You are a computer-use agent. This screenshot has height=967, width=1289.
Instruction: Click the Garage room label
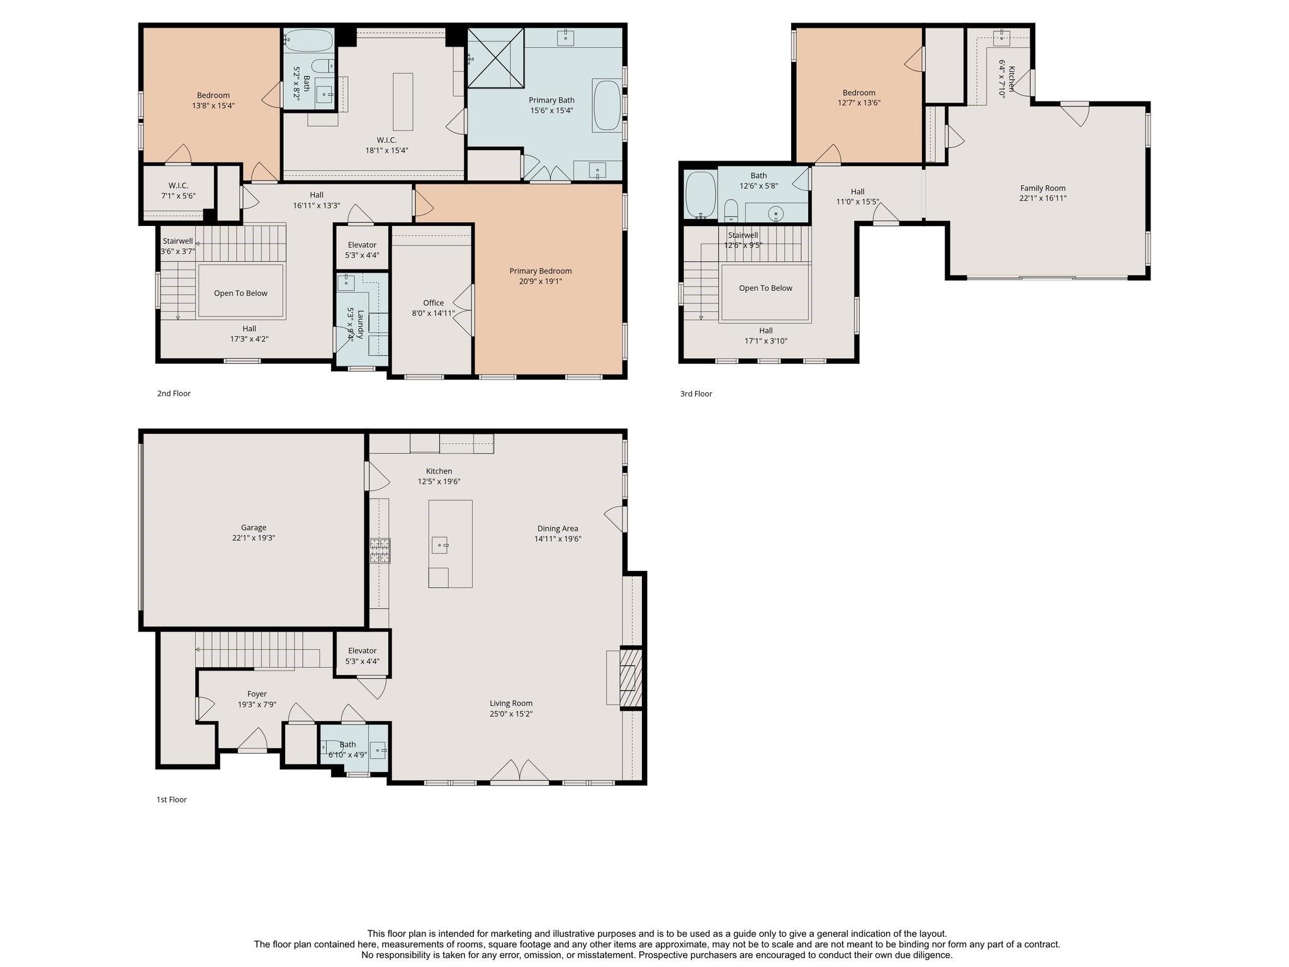[254, 528]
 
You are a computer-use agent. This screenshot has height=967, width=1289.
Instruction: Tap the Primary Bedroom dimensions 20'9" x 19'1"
[540, 281]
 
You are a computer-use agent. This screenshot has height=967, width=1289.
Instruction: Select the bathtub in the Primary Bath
[607, 105]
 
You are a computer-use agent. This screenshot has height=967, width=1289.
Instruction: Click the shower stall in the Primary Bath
[496, 57]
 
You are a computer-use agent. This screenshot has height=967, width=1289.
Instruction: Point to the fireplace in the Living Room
[631, 677]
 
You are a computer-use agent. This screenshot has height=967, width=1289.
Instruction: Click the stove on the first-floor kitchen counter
[380, 550]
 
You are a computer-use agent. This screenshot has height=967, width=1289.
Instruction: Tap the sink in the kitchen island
[439, 545]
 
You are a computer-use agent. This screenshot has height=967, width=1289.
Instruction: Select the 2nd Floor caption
[174, 393]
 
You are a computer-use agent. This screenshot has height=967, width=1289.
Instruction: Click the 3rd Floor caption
[696, 393]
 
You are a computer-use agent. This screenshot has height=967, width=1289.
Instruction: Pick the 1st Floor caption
[171, 800]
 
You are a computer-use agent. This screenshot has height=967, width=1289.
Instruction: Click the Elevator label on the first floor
[362, 650]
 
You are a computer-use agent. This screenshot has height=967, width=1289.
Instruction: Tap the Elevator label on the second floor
[362, 245]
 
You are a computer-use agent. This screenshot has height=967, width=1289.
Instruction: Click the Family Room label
[1043, 188]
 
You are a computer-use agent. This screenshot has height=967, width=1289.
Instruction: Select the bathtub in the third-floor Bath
[701, 195]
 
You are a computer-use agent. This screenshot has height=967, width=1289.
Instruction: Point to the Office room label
[433, 303]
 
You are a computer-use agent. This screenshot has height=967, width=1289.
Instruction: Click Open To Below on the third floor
[765, 288]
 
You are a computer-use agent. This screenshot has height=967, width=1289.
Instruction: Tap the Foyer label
[257, 694]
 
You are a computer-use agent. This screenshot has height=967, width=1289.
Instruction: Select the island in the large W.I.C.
[403, 101]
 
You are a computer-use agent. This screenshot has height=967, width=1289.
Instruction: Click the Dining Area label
[558, 528]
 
